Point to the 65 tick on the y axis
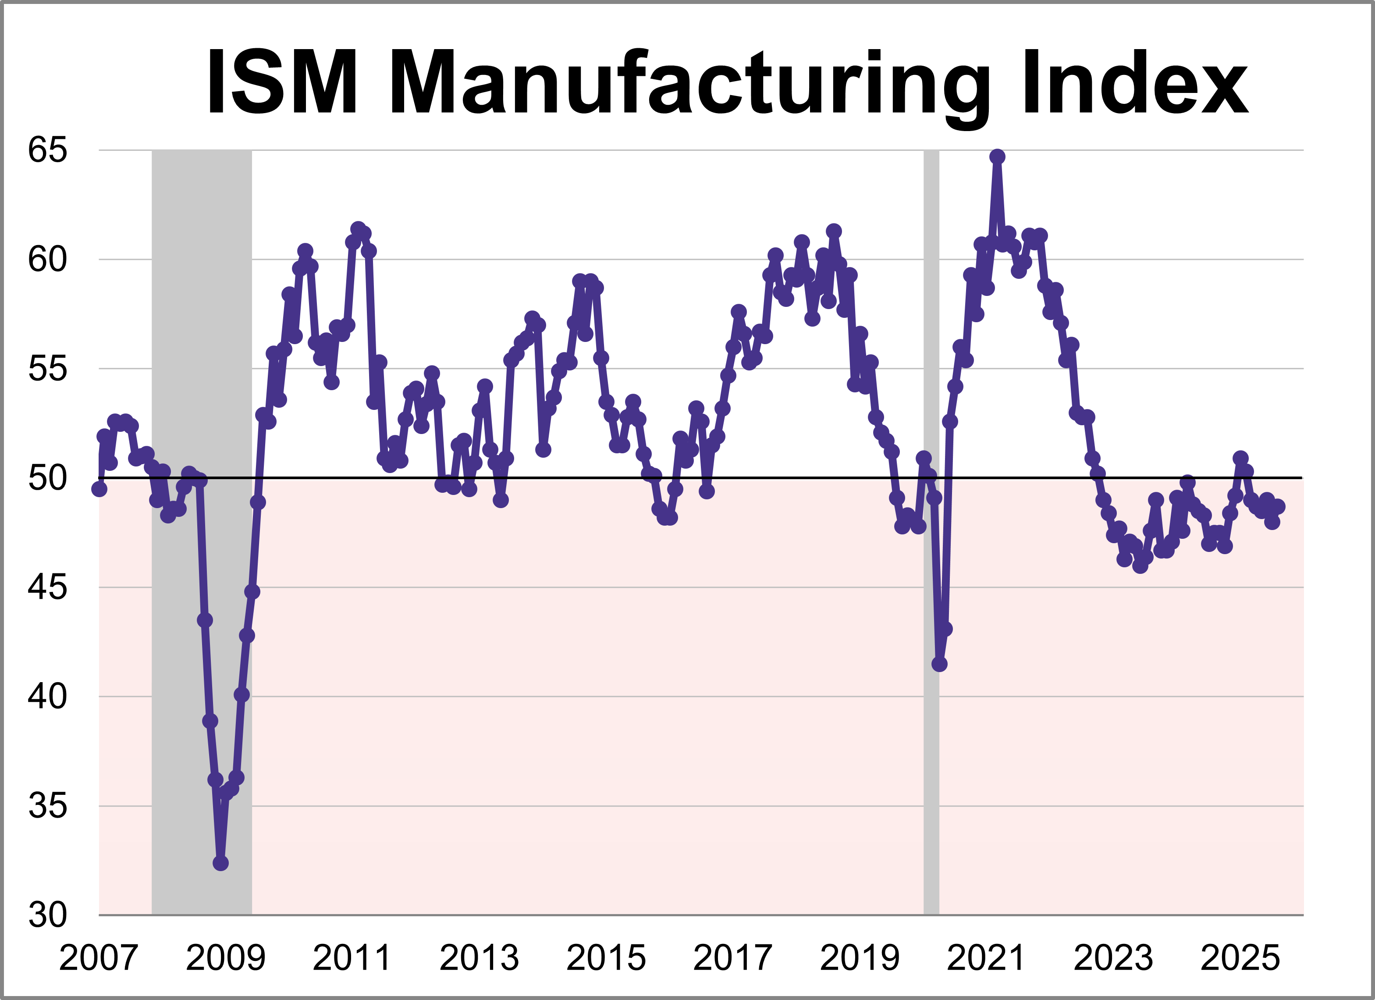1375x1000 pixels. click(x=47, y=150)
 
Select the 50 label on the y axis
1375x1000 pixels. click(x=47, y=478)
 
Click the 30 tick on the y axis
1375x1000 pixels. click(x=47, y=915)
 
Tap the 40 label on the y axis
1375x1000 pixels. click(x=47, y=696)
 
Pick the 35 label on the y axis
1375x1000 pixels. click(x=47, y=806)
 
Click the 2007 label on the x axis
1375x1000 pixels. click(x=98, y=958)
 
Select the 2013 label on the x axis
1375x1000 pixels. click(x=479, y=958)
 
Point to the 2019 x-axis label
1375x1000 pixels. click(x=860, y=958)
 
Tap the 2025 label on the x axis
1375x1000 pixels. click(x=1240, y=958)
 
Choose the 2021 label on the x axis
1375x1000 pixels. click(x=986, y=958)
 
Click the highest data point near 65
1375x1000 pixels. click(x=997, y=157)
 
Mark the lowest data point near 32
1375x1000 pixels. click(x=220, y=862)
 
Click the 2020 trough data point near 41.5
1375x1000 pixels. click(x=939, y=664)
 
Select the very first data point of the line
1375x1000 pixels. click(x=99, y=489)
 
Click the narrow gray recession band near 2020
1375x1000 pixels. click(x=931, y=546)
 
